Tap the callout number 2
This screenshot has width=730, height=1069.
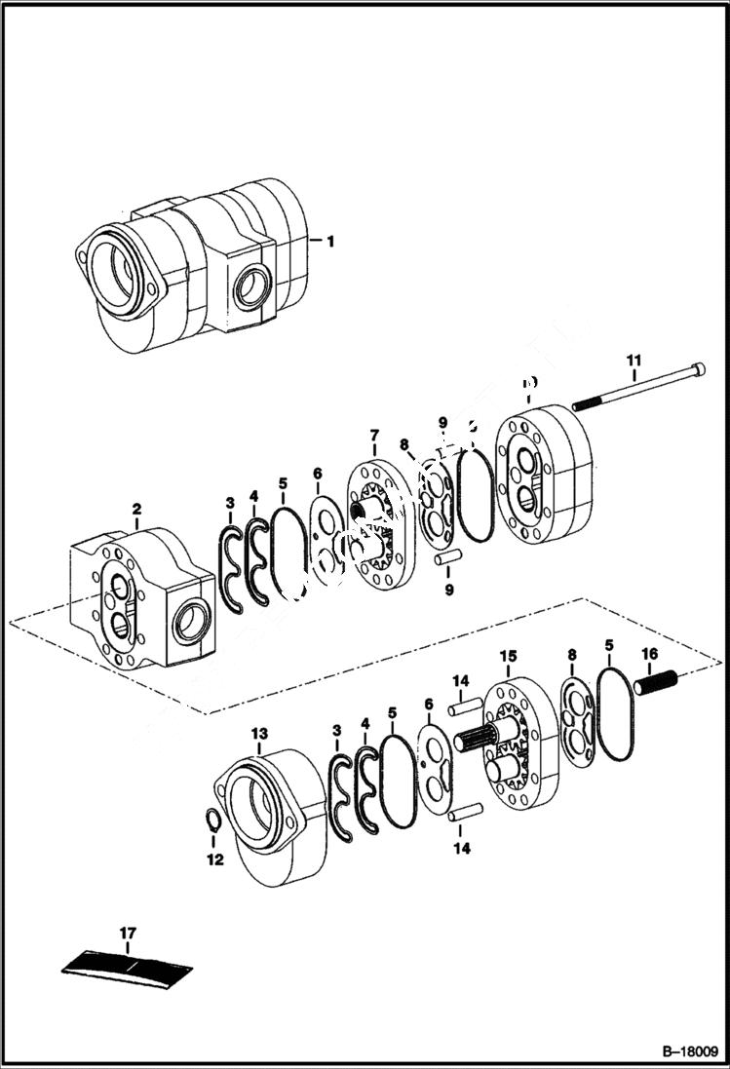(136, 509)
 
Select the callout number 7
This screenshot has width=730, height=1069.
(373, 435)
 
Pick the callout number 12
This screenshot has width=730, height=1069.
(214, 859)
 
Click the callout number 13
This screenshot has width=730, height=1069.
(258, 732)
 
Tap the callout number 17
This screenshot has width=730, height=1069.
(127, 934)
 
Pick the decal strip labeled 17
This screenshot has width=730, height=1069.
(127, 963)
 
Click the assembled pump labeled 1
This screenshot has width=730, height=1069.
(195, 268)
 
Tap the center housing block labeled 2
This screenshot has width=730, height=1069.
(141, 599)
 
